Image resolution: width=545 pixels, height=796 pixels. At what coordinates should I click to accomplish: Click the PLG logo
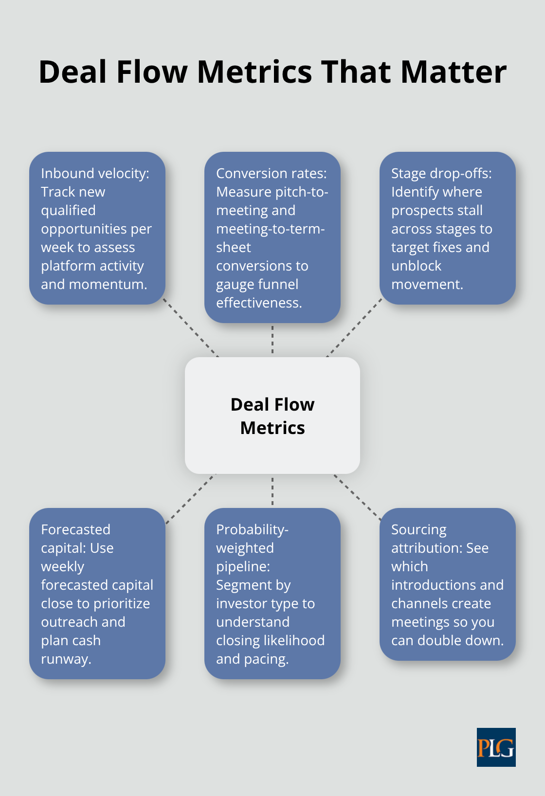coord(496,747)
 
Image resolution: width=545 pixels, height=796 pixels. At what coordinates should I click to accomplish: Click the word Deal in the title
coord(73,72)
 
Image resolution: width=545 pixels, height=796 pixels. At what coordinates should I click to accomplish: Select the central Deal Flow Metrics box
coord(272,416)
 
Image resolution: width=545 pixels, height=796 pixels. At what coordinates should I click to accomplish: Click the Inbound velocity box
coord(97,228)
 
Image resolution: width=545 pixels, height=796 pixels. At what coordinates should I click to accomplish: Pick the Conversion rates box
coord(272,237)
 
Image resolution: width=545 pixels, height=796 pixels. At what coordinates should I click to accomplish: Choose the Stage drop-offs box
coord(447,228)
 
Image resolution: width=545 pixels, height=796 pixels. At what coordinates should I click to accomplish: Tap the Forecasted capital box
coord(97,593)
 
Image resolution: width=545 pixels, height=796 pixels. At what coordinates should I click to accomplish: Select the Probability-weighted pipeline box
coord(272,593)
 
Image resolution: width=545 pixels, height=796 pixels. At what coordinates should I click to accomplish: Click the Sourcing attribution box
coord(447,584)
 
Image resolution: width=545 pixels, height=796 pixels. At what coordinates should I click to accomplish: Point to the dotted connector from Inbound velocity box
coord(191,327)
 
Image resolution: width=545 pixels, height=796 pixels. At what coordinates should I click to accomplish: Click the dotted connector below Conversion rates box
coord(272,340)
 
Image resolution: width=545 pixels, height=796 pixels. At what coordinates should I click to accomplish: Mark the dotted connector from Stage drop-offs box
coord(354,327)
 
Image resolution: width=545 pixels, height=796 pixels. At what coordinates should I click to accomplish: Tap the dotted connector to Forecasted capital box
coord(191,499)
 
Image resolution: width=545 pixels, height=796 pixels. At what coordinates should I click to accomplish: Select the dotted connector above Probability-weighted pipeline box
coord(272,491)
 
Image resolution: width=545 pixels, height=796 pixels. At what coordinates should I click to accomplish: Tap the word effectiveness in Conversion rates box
coord(259,303)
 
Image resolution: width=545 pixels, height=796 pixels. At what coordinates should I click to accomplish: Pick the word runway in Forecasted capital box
coord(66,659)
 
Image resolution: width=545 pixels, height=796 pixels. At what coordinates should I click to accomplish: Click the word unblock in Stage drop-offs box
coord(416,266)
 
